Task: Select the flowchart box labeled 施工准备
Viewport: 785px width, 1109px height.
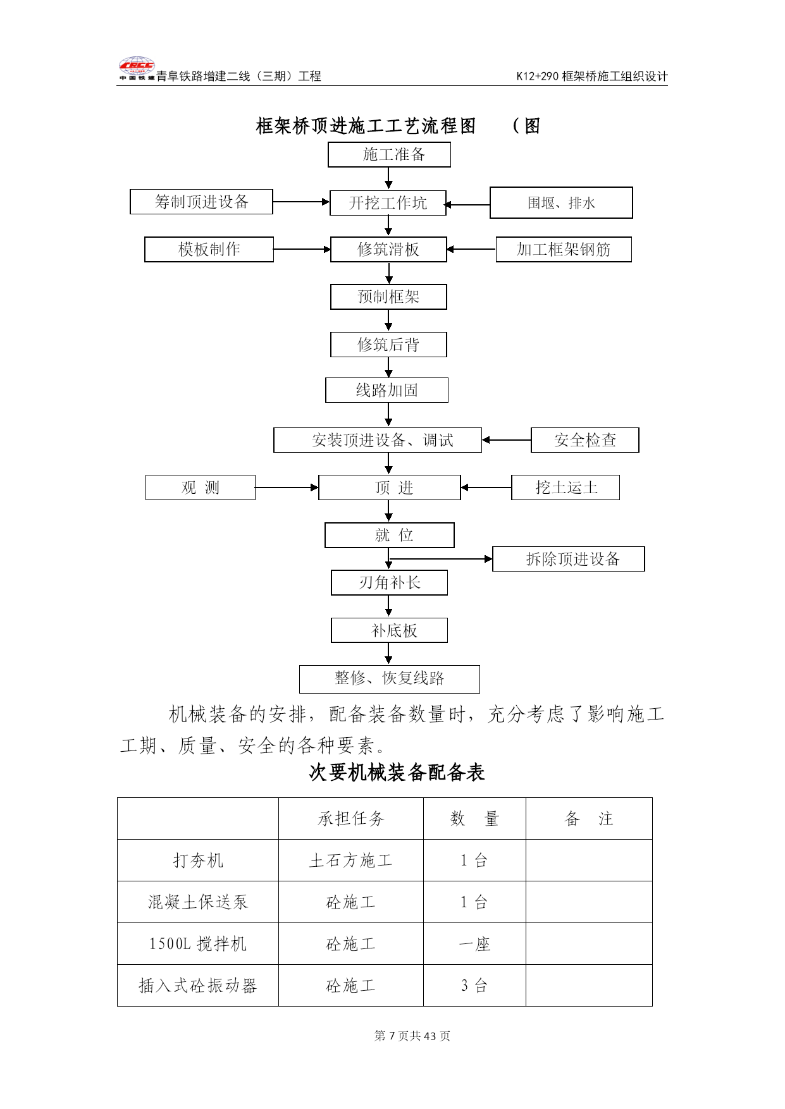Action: click(x=389, y=155)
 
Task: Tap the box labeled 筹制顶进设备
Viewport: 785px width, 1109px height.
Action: click(x=201, y=202)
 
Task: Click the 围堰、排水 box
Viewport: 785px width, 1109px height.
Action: click(x=561, y=203)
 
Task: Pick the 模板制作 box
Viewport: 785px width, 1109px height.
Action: click(x=209, y=250)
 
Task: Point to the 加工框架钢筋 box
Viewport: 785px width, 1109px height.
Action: click(x=564, y=250)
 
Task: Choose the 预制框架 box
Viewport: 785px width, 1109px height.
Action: click(x=388, y=297)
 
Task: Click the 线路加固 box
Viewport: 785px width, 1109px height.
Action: click(x=386, y=390)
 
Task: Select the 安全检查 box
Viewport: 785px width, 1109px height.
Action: click(x=585, y=440)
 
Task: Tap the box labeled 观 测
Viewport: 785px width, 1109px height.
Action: click(x=201, y=487)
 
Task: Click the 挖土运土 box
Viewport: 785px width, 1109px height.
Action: click(x=566, y=487)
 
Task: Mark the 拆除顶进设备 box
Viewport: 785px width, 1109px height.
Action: click(x=569, y=559)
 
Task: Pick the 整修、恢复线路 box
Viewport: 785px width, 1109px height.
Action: click(x=390, y=679)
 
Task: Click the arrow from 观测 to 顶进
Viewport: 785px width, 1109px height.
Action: click(x=287, y=487)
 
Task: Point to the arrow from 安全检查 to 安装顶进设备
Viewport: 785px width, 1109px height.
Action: click(x=507, y=440)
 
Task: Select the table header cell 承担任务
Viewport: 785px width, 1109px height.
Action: click(x=351, y=819)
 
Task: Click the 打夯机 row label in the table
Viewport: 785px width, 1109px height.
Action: click(x=198, y=861)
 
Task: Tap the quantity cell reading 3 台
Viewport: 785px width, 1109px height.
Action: click(x=474, y=986)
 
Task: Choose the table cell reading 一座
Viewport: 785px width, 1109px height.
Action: click(x=474, y=944)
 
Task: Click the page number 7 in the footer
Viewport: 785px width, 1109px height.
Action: click(x=392, y=1036)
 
